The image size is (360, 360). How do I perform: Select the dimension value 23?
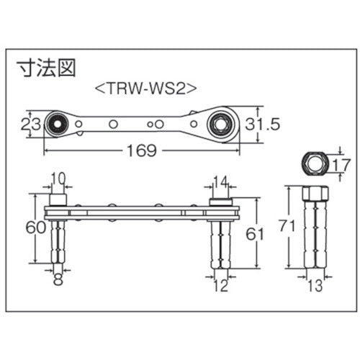[x=28, y=124]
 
